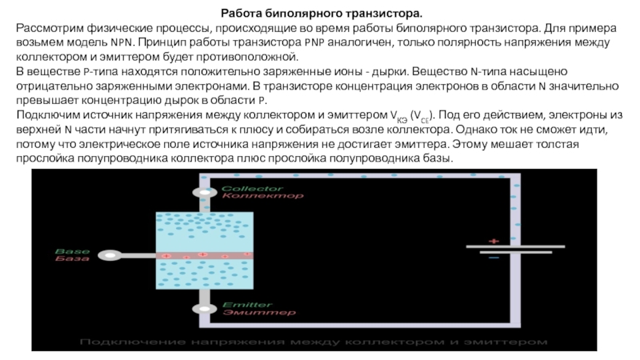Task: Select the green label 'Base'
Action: [67, 251]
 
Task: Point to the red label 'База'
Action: [67, 259]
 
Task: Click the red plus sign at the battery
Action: [494, 240]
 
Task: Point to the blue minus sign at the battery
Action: [494, 258]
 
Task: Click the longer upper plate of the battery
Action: [512, 246]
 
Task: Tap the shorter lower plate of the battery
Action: [512, 253]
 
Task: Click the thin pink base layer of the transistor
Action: [203, 255]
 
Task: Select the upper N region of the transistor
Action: [203, 230]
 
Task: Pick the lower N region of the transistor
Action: [203, 277]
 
